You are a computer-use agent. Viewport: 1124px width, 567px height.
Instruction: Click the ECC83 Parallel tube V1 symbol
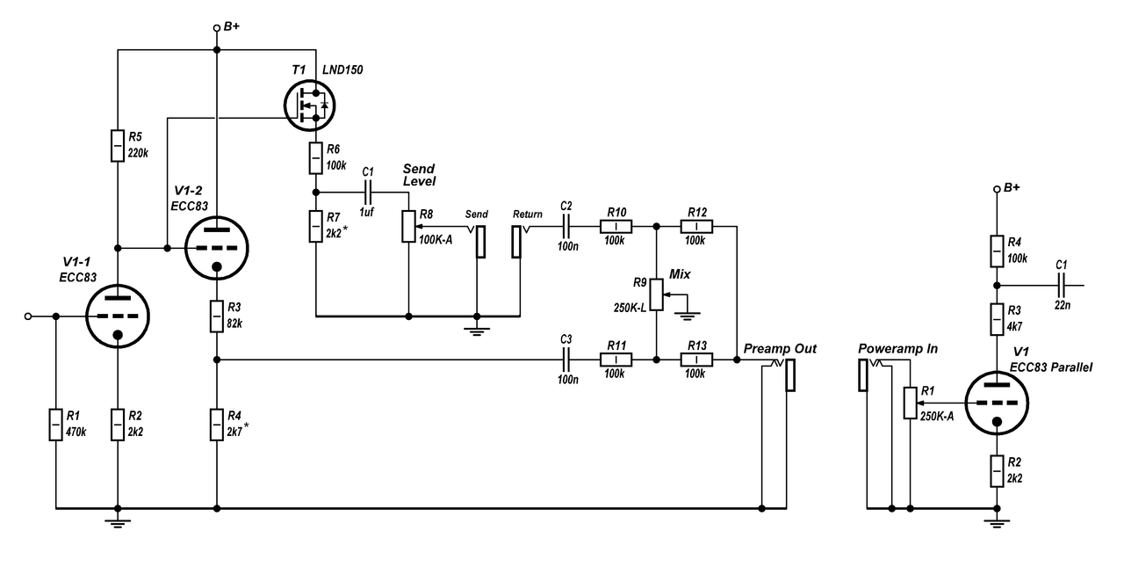pyautogui.click(x=996, y=403)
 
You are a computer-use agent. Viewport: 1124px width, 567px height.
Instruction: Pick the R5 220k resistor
pyautogui.click(x=117, y=145)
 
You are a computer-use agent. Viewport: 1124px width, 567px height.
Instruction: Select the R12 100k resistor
pyautogui.click(x=696, y=226)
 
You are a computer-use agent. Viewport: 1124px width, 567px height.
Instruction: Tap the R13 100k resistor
pyautogui.click(x=696, y=360)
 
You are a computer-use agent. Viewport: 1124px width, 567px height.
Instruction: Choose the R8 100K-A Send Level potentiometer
pyautogui.click(x=408, y=226)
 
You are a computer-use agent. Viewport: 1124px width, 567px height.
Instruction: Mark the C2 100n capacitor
pyautogui.click(x=567, y=226)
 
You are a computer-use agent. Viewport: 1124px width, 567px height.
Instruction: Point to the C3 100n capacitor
pyautogui.click(x=567, y=360)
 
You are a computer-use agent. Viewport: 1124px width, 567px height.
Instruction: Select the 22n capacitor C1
pyautogui.click(x=1061, y=286)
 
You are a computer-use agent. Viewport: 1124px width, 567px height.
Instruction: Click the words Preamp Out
pyautogui.click(x=779, y=349)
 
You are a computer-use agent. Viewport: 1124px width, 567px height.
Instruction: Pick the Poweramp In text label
pyautogui.click(x=897, y=349)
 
